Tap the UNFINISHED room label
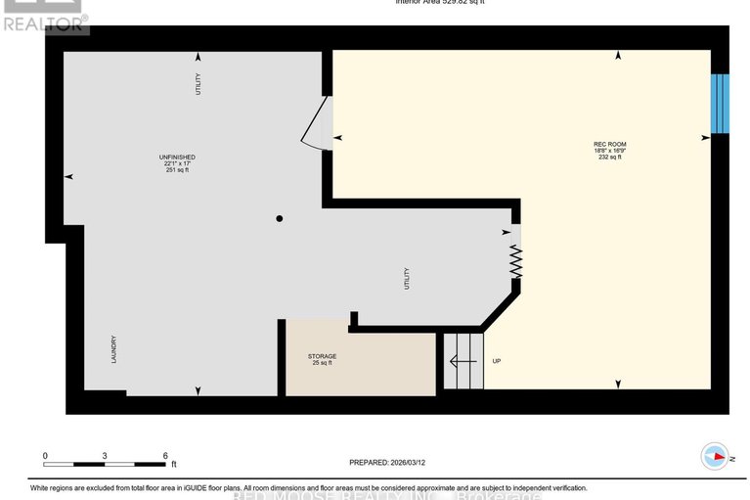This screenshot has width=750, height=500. [x=177, y=157]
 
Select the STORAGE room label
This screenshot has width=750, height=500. [x=322, y=356]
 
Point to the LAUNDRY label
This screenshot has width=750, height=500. [x=113, y=347]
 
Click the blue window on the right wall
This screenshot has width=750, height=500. [x=719, y=103]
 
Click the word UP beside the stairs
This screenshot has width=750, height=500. [x=496, y=361]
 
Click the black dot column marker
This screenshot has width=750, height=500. [x=279, y=218]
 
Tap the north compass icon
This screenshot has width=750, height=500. [x=716, y=456]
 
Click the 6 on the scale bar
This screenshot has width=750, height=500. [x=165, y=456]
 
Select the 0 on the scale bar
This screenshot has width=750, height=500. [x=45, y=456]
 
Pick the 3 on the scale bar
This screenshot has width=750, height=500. [x=105, y=456]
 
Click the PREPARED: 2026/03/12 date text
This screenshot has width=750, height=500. [x=389, y=463]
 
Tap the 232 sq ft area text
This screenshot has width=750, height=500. [x=608, y=157]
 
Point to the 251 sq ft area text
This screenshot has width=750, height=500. [x=177, y=169]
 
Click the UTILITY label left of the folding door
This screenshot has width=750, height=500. [x=407, y=280]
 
